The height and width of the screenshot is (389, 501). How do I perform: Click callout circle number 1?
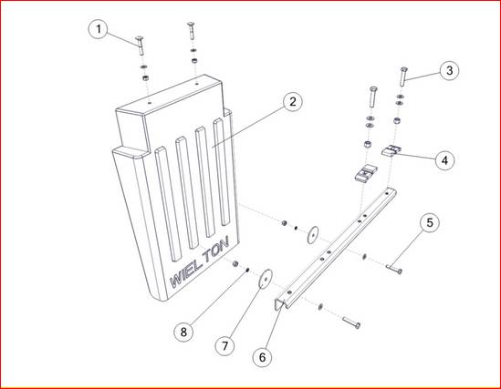tap(99, 29)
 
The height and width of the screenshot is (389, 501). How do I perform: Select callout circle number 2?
tap(292, 102)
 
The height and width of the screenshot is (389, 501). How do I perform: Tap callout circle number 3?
tap(449, 70)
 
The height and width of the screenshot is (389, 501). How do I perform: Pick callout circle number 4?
tap(444, 160)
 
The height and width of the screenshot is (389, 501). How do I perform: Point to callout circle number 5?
tap(430, 222)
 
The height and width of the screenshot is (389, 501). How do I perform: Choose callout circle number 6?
tap(262, 357)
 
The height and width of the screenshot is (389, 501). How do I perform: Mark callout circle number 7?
tap(224, 345)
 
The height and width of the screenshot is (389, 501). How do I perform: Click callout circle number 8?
tap(183, 332)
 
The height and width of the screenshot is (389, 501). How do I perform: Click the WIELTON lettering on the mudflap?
tap(200, 262)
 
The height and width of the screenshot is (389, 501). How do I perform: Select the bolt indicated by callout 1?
tap(140, 46)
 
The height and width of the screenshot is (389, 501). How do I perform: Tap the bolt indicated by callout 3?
tap(403, 77)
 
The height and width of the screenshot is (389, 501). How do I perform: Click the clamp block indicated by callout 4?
tap(391, 150)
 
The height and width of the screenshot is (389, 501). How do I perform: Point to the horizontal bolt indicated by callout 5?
tap(394, 269)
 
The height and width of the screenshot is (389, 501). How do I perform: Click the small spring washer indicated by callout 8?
tap(247, 271)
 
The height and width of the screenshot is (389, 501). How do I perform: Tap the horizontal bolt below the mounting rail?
tap(351, 322)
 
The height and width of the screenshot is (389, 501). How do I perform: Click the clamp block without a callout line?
tap(366, 172)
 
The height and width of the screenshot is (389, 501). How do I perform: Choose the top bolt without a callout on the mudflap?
tap(192, 31)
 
